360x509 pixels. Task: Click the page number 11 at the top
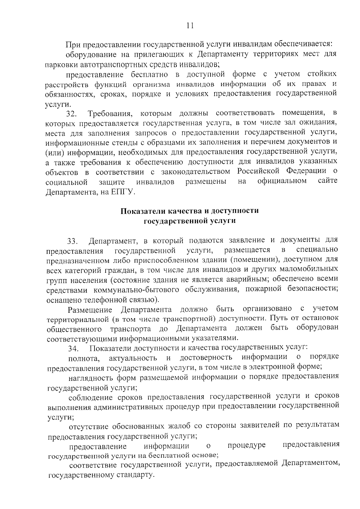pos(190,26)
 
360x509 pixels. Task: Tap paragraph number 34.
pos(73,349)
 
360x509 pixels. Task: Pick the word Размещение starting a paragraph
pos(90,309)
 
